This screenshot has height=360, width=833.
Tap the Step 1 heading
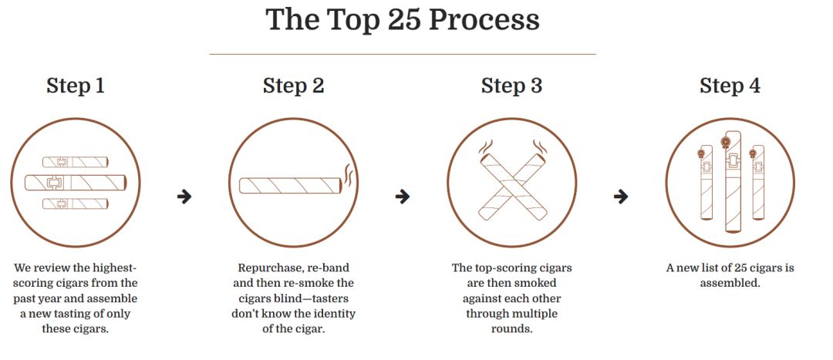[x=76, y=86]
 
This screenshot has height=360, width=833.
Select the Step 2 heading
[x=293, y=86]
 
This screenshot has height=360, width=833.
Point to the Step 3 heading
[x=511, y=86]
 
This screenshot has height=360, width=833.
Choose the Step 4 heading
[x=730, y=86]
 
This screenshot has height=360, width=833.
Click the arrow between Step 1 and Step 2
[x=184, y=197]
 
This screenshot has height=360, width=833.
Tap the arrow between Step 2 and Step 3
[x=403, y=197]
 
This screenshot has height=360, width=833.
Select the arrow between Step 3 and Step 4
[x=620, y=197]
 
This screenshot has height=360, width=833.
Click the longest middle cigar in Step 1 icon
[x=76, y=182]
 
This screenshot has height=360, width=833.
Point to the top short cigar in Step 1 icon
[x=76, y=161]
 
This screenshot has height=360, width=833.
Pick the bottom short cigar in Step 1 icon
[x=76, y=204]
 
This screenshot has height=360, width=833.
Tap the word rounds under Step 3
[x=511, y=328]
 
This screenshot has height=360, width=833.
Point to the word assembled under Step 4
[x=730, y=283]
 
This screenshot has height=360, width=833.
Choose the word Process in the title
[x=484, y=20]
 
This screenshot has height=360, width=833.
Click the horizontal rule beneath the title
[x=403, y=54]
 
